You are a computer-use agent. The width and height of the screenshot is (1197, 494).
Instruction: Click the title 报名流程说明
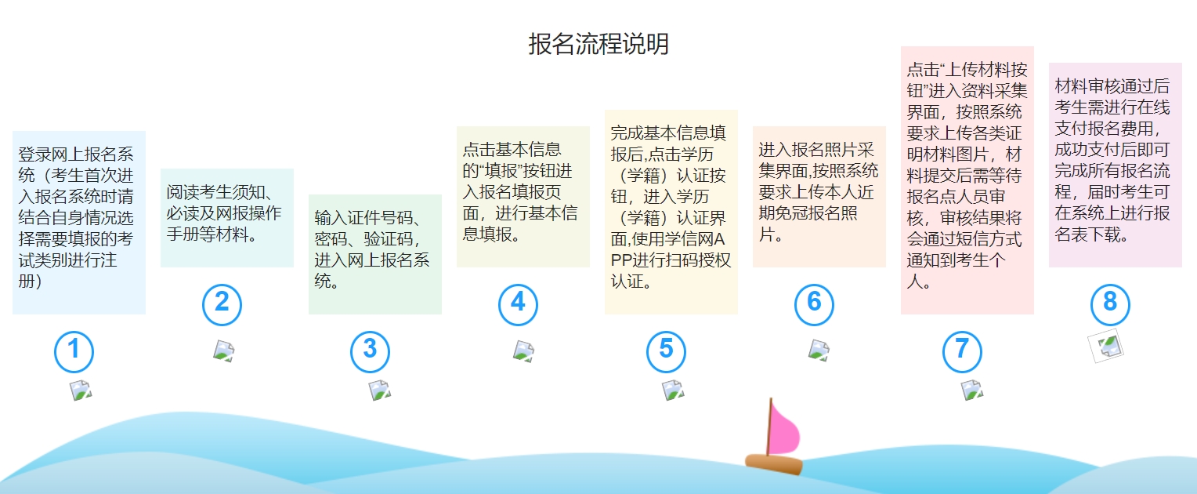tap(598, 44)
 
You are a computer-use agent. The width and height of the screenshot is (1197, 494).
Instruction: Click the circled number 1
tap(74, 351)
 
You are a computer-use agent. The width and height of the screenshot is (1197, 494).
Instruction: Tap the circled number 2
tap(222, 304)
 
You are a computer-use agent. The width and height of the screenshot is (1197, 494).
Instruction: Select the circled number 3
tap(370, 351)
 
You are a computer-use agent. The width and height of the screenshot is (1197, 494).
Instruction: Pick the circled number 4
tap(518, 304)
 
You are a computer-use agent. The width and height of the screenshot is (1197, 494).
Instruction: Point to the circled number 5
tap(666, 351)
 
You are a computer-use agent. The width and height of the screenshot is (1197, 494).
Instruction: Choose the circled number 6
tap(814, 304)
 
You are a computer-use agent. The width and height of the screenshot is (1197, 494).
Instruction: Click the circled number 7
tap(962, 351)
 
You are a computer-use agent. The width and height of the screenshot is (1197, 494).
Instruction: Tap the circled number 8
tap(1110, 304)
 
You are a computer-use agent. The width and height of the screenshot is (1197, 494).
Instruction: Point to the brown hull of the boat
tap(774, 463)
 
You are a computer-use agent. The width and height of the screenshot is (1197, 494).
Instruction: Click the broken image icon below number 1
tap(81, 390)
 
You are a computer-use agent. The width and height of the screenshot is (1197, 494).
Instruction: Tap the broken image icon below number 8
tap(1106, 347)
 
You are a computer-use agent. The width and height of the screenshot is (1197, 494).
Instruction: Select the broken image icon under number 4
tap(523, 352)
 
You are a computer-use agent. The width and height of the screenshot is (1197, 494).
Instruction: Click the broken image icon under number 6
tap(819, 351)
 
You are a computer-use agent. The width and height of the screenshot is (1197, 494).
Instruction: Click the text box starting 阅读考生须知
tap(227, 218)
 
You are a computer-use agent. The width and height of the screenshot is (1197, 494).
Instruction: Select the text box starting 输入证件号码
tap(375, 254)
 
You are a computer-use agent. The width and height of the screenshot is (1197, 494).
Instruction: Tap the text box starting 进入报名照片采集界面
tap(819, 196)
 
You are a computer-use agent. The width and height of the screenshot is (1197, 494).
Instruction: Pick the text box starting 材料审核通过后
tap(1116, 165)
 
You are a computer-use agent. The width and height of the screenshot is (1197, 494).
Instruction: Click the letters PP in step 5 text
tap(621, 260)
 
